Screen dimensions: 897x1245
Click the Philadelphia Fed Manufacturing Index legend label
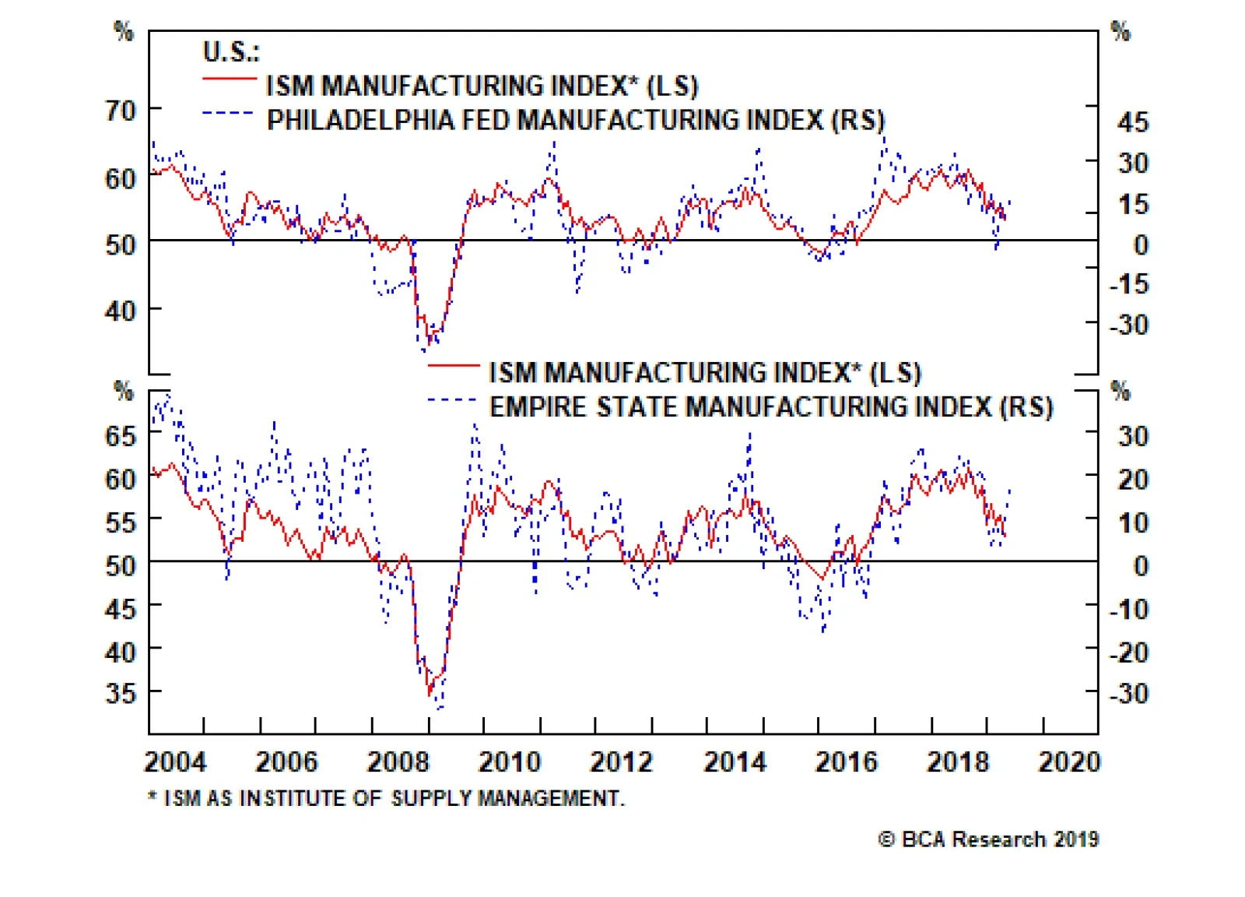(576, 121)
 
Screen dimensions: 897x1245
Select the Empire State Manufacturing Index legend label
(770, 407)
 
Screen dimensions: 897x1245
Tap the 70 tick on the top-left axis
(121, 111)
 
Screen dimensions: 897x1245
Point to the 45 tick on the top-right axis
(1132, 122)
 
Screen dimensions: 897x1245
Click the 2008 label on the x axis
(398, 762)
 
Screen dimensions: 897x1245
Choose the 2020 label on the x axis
(1069, 762)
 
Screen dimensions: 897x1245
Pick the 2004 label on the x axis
(175, 762)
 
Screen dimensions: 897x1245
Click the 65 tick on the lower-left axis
(121, 436)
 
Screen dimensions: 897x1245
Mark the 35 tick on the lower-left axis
(121, 692)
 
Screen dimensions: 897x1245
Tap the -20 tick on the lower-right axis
(1129, 652)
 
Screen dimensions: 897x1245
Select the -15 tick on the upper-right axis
(1129, 284)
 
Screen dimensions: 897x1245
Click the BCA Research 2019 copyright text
(988, 839)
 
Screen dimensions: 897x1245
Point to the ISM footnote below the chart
(386, 798)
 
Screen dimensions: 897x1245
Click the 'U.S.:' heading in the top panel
(231, 52)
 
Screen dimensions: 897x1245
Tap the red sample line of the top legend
(230, 79)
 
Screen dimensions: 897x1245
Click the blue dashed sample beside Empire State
(451, 400)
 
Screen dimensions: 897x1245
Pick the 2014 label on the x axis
(735, 762)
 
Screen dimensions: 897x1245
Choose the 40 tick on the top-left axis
(121, 311)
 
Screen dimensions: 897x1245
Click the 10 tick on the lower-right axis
(1133, 522)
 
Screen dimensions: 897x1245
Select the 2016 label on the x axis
(846, 762)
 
